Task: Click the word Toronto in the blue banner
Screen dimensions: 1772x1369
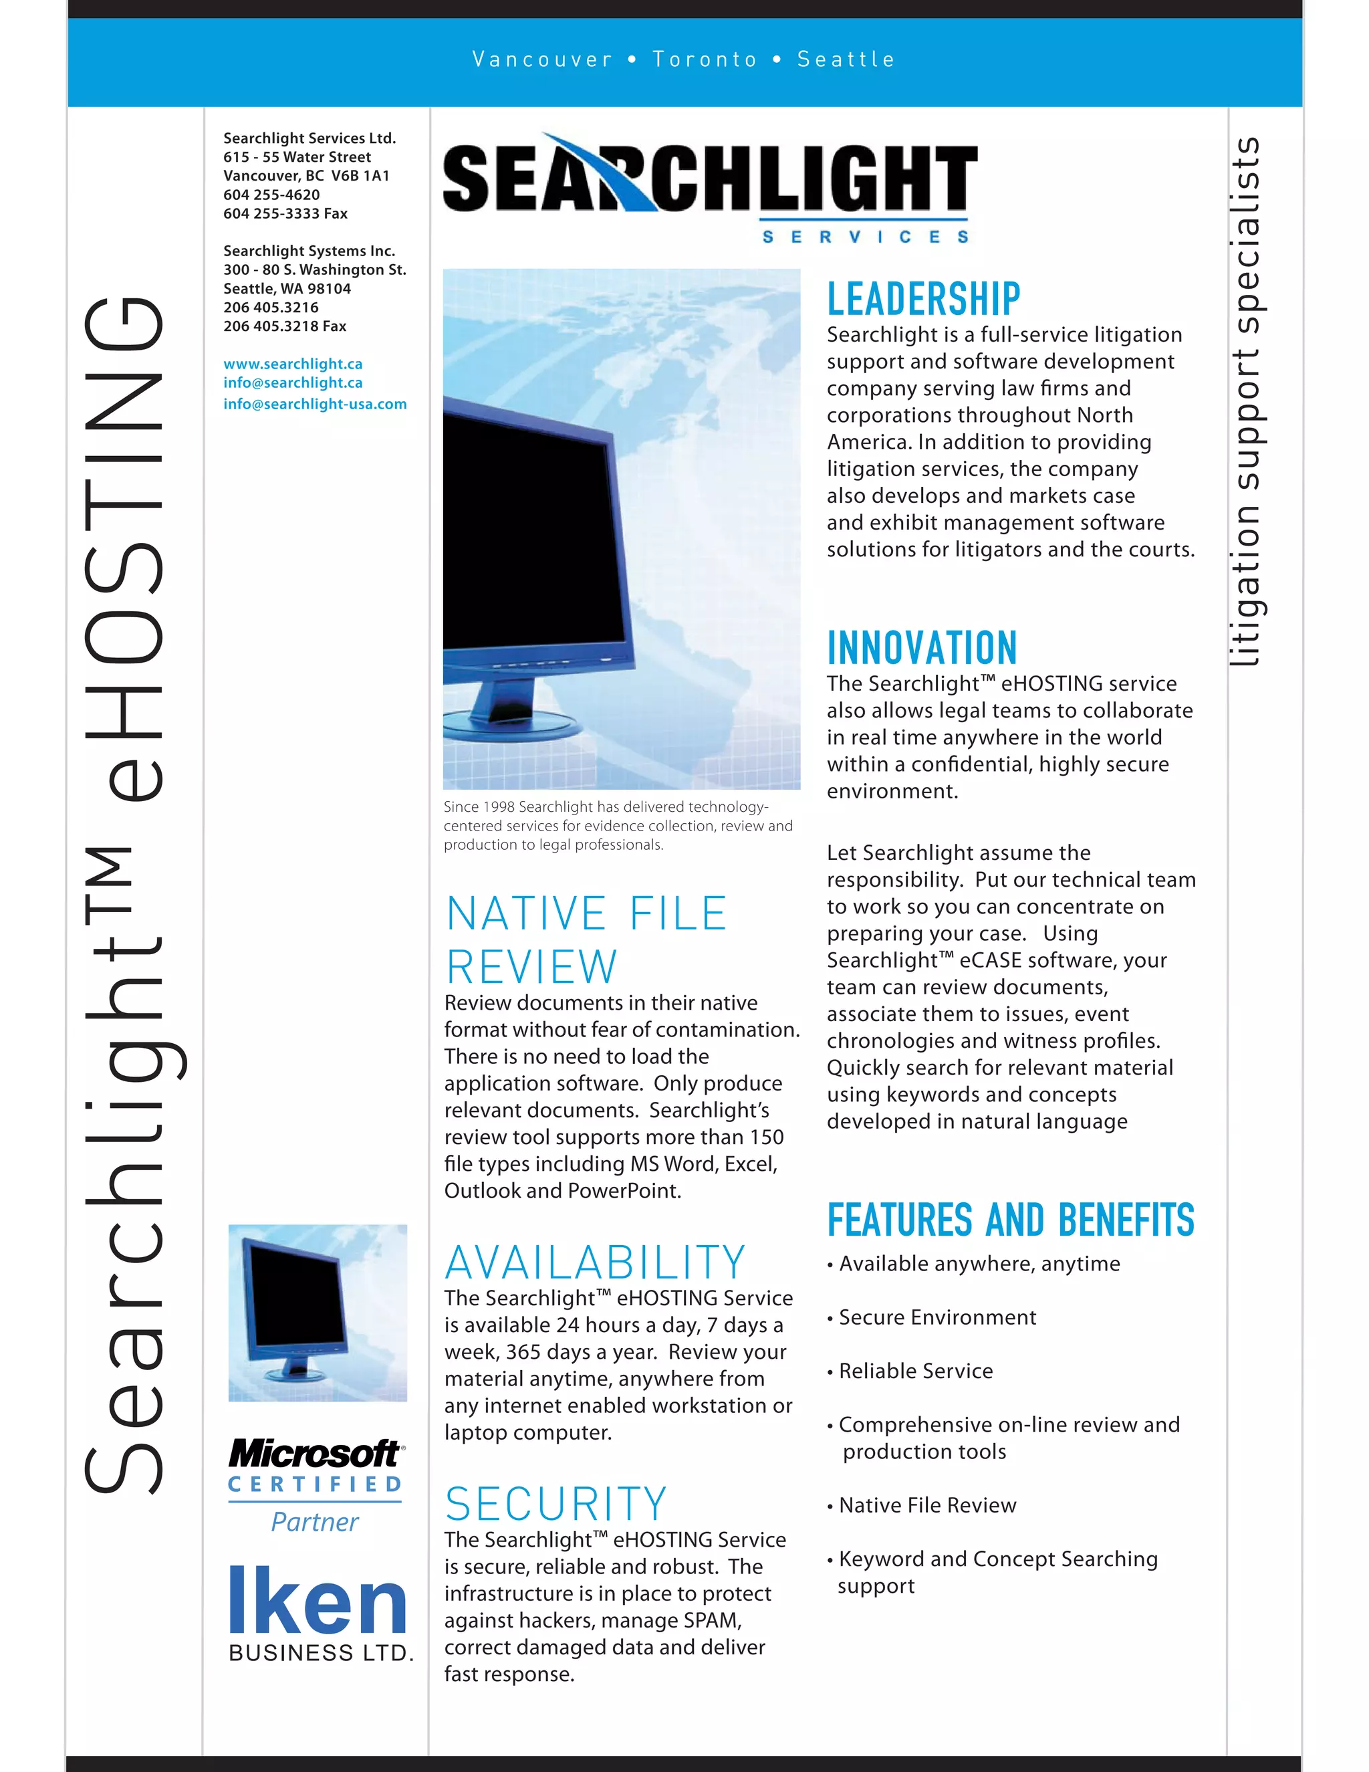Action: pos(704,60)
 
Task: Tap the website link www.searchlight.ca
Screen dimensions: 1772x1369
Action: pos(293,364)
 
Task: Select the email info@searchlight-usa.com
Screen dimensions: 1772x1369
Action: pos(315,403)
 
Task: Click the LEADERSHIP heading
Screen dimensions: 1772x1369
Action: pos(923,299)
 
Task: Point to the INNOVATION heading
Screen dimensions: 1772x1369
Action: pos(921,647)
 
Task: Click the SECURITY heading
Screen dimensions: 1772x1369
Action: pos(555,1503)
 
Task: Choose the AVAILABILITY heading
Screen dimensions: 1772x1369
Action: pos(594,1262)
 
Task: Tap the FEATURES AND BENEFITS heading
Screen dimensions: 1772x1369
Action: pos(1011,1220)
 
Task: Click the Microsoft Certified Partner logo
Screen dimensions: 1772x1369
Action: pos(316,1486)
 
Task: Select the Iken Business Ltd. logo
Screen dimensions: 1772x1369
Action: pos(319,1614)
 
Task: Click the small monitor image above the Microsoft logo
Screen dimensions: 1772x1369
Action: pos(317,1312)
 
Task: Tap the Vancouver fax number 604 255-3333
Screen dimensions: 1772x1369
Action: pos(271,213)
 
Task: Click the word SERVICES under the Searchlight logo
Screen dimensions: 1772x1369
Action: pos(864,236)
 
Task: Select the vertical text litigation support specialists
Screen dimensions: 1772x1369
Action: pos(1245,402)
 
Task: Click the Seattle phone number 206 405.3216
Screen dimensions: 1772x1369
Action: pos(271,307)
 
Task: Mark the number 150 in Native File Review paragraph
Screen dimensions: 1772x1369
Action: pos(767,1137)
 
